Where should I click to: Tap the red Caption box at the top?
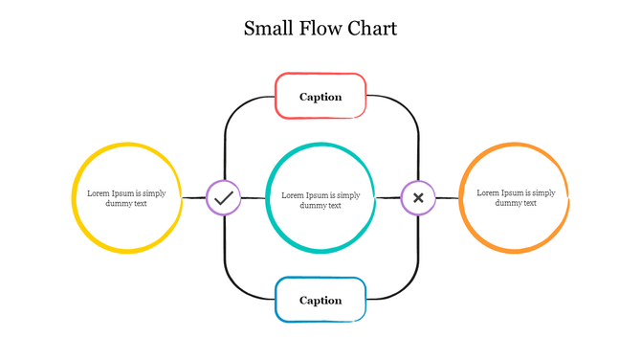[320, 96]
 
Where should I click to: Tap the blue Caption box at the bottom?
[320, 300]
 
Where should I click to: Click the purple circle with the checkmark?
[223, 198]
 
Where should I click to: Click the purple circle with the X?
[418, 198]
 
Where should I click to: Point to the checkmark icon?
[223, 198]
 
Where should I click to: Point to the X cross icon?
[418, 198]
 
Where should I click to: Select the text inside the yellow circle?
[126, 198]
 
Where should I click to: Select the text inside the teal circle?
[320, 199]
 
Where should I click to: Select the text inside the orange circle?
[516, 198]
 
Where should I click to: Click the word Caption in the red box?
[320, 97]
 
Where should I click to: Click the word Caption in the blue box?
[320, 301]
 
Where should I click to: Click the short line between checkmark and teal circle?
[253, 198]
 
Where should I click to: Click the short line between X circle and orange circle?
[447, 198]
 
